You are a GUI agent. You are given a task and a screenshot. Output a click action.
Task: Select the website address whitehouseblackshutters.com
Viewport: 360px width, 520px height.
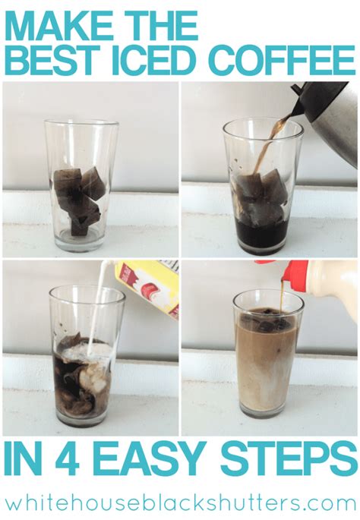180,502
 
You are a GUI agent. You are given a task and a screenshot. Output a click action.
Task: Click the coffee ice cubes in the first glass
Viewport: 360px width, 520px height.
79,200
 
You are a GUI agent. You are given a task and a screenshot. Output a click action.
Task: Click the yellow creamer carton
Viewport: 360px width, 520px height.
149,288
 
